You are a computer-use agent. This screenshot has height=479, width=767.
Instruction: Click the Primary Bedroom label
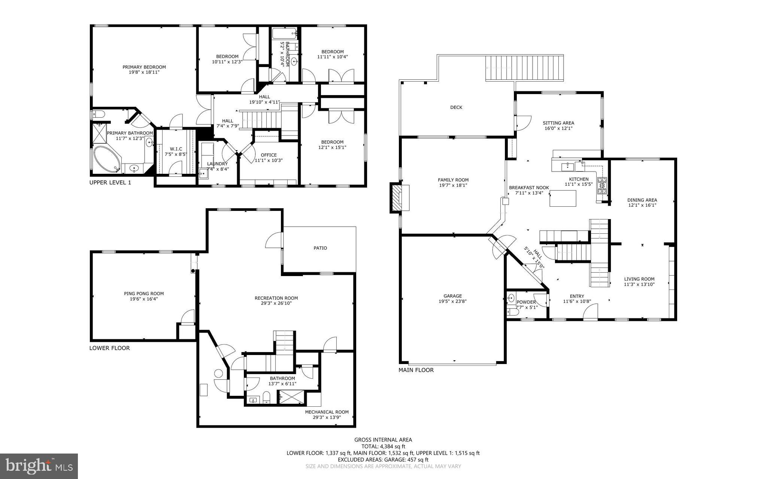(144, 67)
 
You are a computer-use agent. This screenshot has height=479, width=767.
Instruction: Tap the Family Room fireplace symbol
(396, 198)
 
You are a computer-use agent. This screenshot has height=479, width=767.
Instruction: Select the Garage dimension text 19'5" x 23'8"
(452, 301)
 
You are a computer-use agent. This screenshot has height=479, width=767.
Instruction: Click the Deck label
(456, 107)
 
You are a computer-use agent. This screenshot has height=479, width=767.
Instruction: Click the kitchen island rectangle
(563, 198)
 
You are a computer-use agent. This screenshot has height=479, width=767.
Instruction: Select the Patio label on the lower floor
(320, 248)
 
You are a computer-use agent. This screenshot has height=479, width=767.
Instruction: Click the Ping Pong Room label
(144, 294)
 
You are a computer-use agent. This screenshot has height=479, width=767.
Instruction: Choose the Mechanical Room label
(327, 412)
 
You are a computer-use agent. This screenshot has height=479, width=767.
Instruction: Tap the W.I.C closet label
(176, 149)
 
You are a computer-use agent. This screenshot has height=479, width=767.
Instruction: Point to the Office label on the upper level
(269, 155)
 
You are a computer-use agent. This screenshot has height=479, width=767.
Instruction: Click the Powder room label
(526, 302)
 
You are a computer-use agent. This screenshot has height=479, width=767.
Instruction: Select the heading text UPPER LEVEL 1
(110, 182)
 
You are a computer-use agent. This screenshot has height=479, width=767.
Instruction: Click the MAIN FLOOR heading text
(416, 370)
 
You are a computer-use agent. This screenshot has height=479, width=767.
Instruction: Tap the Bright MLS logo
(39, 466)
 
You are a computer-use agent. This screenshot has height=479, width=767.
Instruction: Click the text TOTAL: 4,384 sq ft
(383, 446)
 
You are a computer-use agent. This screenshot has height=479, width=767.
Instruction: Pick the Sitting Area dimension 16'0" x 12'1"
(558, 128)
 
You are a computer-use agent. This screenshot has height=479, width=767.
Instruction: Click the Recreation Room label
(276, 298)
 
